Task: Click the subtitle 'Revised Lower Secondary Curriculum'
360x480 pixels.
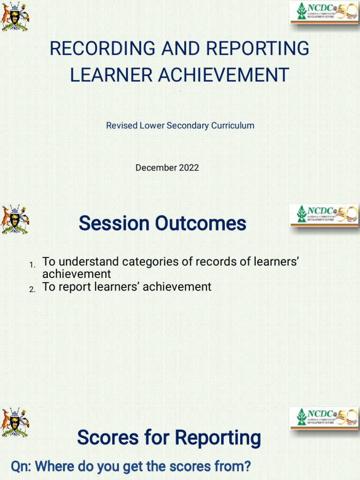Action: click(180, 126)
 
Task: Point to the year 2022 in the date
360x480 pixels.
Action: click(188, 167)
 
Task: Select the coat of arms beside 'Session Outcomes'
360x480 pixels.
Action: click(15, 219)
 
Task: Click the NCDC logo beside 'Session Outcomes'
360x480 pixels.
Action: click(324, 215)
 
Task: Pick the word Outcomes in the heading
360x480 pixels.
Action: click(201, 224)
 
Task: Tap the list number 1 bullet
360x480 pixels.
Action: click(32, 266)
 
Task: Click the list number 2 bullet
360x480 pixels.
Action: click(32, 290)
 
